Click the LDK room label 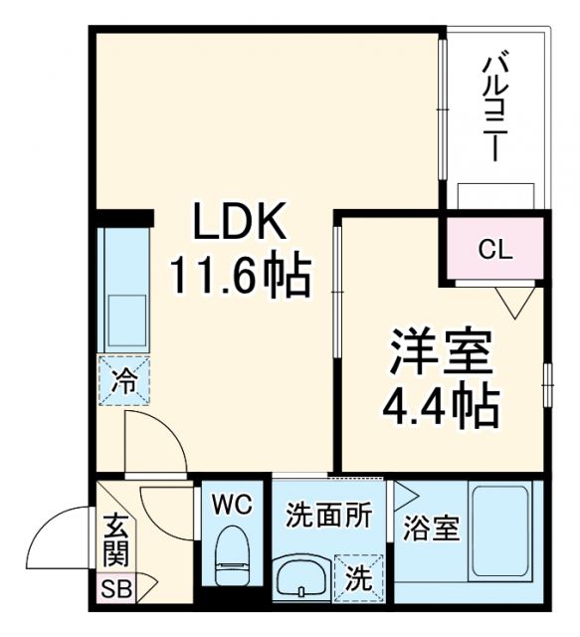coord(239,221)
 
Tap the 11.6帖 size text coord(239,274)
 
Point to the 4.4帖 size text coord(439,403)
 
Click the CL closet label coord(494,250)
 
